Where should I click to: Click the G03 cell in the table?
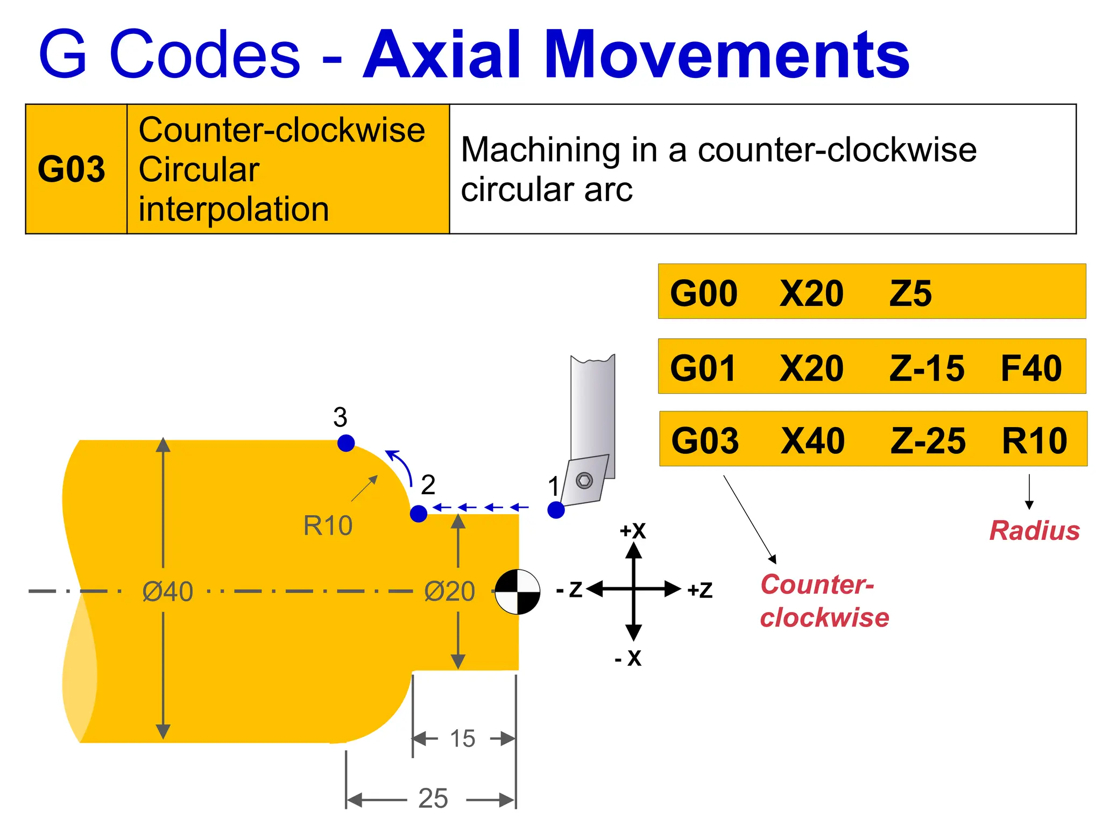coord(72,169)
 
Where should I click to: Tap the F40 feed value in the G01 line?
coord(1031,368)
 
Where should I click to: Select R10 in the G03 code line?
coord(1034,440)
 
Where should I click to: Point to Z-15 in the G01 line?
coord(927,368)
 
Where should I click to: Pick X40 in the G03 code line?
coord(813,440)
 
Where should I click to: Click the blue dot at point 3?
coord(346,443)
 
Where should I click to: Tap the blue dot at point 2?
coord(419,514)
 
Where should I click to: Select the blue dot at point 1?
coord(556,510)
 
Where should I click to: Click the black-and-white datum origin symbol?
coord(517,592)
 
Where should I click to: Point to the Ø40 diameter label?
coord(167,592)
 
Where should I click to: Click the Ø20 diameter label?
coord(449,592)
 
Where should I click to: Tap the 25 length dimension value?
coord(433,799)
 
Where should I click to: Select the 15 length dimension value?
coord(463,739)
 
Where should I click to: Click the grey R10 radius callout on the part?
coord(328,525)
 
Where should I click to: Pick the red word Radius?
coord(1034,531)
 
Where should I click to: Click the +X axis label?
coord(633,531)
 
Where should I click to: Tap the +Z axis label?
coord(700,590)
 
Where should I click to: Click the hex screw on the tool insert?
coord(584,480)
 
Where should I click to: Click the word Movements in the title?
coord(727,55)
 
